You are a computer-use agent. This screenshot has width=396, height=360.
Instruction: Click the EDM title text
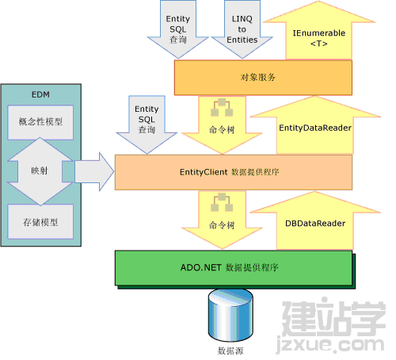tap(40, 94)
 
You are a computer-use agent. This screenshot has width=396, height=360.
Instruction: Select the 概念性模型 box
tap(40, 122)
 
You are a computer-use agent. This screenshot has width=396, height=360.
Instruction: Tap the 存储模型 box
tap(40, 221)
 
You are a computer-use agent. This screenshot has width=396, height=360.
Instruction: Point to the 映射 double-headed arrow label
tap(40, 170)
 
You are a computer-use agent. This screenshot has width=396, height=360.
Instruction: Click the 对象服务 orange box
tap(263, 78)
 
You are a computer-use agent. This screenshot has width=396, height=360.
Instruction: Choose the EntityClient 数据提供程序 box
tap(234, 172)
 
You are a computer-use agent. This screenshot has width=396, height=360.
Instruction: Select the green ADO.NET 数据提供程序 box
tap(234, 268)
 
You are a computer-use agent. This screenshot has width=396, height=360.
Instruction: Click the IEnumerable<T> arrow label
tap(319, 38)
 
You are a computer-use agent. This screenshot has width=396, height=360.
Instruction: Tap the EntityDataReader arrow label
tap(315, 128)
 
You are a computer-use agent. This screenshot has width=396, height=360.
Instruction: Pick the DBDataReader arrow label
tap(315, 224)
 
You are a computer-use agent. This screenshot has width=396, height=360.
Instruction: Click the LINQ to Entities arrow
tap(242, 29)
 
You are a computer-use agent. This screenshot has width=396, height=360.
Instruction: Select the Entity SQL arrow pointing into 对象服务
tap(178, 29)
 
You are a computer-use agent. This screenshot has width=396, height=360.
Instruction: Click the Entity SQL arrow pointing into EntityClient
tap(147, 124)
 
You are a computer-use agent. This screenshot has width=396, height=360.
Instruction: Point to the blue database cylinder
tap(230, 315)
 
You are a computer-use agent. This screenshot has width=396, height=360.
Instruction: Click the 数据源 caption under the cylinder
tap(230, 351)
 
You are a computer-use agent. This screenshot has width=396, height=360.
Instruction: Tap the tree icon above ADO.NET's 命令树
tap(222, 202)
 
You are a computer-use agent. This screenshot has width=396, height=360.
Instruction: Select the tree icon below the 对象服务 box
tap(222, 107)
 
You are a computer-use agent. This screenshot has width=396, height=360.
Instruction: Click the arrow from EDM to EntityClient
tap(94, 171)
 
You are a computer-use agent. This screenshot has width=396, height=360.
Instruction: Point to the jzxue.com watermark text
tap(330, 344)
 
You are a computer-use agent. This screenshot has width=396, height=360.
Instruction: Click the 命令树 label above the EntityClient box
tap(222, 130)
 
